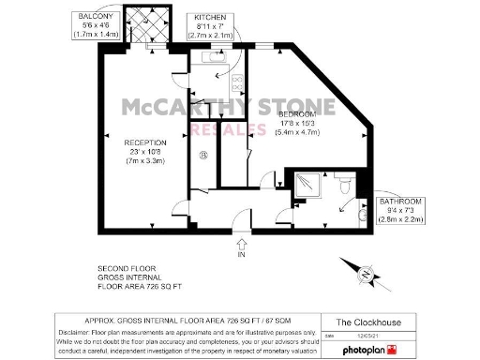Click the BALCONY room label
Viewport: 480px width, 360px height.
tap(97, 17)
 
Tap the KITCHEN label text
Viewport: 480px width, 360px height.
tap(210, 18)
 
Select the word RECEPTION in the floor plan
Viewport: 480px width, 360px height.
tap(145, 142)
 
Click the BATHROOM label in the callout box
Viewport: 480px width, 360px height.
tap(400, 202)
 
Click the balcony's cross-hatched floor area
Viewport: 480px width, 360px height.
tap(149, 22)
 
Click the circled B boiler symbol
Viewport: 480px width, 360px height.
tap(202, 156)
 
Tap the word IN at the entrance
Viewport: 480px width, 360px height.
tap(241, 254)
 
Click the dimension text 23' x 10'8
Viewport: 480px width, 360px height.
tap(145, 152)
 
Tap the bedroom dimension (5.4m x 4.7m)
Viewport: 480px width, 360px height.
tap(297, 131)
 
